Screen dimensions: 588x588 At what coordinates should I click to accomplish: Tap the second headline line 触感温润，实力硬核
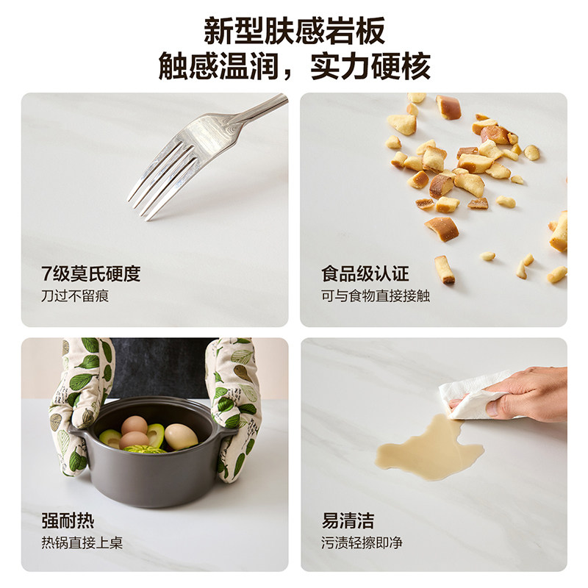point(294,67)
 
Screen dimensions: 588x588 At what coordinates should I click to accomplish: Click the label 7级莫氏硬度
point(91,275)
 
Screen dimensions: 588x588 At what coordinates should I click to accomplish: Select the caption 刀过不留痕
point(75,296)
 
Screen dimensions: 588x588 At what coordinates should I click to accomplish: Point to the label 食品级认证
point(365,275)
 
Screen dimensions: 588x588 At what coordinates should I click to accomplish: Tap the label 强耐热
point(68,522)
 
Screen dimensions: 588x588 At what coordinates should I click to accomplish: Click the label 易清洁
point(348,522)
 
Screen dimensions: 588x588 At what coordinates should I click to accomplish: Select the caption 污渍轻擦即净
point(362,544)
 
